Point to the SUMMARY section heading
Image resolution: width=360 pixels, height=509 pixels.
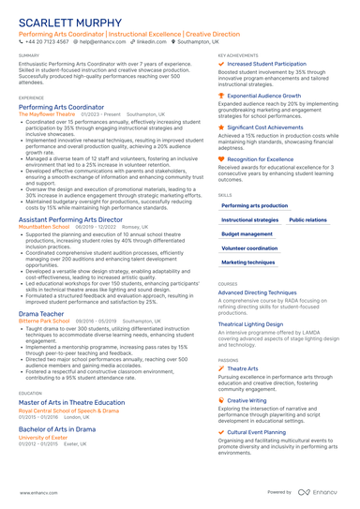point(29,55)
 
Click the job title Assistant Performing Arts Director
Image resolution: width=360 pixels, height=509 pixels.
point(70,219)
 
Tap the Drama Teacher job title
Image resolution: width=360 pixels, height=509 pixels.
point(41,313)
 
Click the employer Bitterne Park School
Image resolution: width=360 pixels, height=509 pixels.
point(44,321)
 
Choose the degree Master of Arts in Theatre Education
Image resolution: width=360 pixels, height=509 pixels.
point(71,402)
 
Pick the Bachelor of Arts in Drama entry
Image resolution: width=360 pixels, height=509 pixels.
point(57,428)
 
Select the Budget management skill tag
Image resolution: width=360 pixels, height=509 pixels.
point(247,233)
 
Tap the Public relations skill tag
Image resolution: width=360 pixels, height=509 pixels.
point(307,219)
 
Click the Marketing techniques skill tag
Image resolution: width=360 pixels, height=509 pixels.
point(248,262)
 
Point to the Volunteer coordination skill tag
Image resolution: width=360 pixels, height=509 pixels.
point(249,248)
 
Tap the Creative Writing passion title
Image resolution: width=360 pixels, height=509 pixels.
point(247,400)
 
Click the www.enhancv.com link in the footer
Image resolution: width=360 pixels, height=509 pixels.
point(33,492)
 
